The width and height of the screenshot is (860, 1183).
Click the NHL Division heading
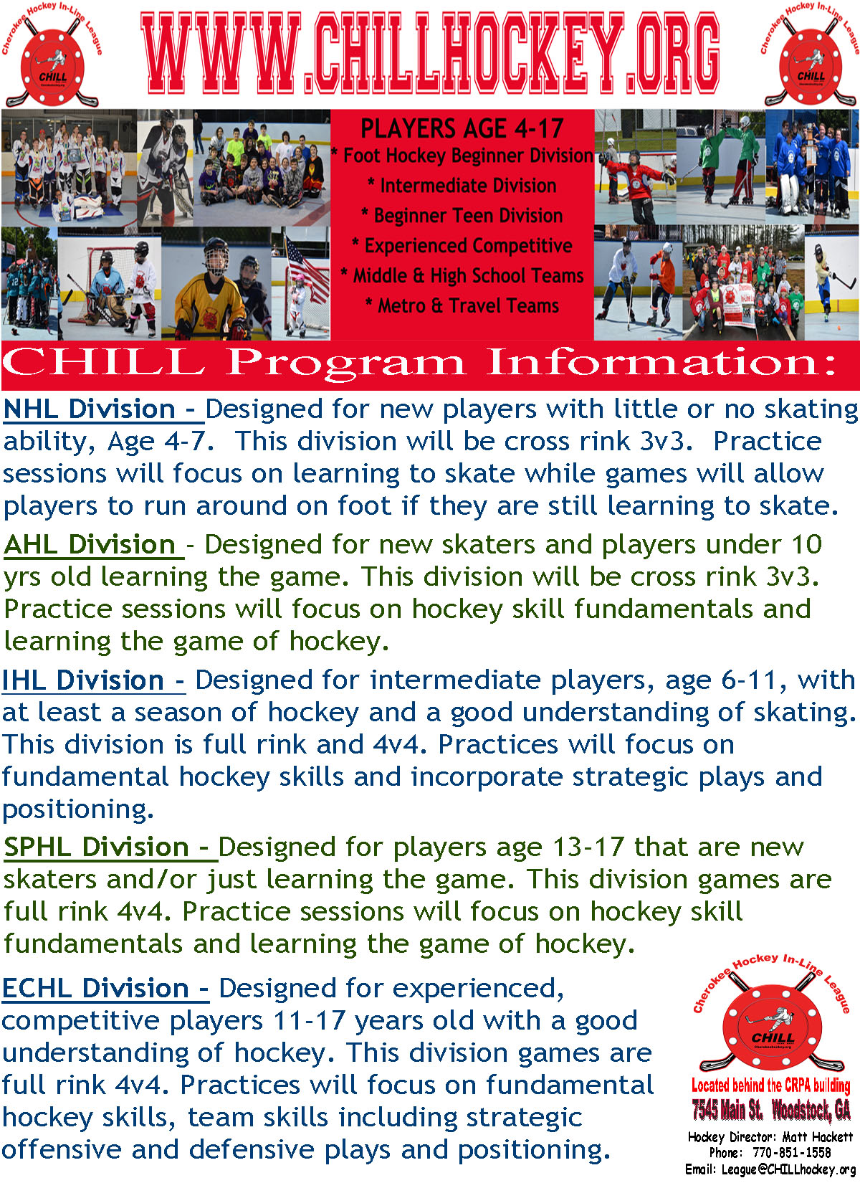coord(103,409)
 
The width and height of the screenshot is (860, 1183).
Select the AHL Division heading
coord(93,544)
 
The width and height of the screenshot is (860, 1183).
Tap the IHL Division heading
coord(93,680)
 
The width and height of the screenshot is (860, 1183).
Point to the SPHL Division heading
coord(110,847)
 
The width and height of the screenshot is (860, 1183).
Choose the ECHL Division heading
coord(105,988)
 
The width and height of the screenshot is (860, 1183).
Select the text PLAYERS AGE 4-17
coord(462,128)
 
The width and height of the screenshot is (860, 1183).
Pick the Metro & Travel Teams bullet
coord(462,305)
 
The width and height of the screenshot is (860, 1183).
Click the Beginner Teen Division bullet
coord(462,216)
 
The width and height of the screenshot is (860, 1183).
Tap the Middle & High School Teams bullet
coord(462,276)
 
